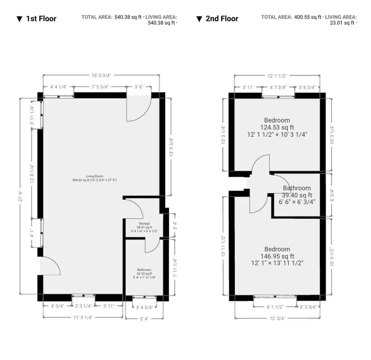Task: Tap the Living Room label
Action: click(95, 178)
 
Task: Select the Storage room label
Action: click(144, 227)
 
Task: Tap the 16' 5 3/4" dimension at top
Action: click(101, 75)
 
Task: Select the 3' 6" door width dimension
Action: click(139, 87)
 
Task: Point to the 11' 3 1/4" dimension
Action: click(83, 317)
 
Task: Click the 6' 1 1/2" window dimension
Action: click(275, 307)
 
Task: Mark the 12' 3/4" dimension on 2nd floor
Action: click(277, 318)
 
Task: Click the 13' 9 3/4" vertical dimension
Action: click(171, 147)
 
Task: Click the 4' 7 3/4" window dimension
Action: click(278, 87)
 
